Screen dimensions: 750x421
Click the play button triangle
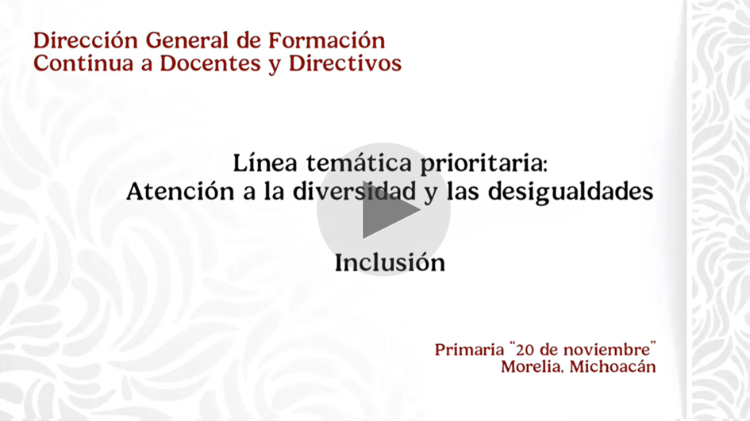387,209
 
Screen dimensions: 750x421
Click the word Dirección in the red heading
86,40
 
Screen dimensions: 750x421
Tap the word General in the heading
188,40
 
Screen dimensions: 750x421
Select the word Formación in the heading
327,40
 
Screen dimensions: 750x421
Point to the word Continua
83,63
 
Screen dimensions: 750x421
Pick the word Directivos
345,63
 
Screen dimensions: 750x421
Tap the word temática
359,163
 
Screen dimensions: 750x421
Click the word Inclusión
390,262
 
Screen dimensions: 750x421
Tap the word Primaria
469,350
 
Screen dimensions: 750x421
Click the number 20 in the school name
525,350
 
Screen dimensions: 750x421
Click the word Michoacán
613,366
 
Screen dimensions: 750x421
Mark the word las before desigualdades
463,191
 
